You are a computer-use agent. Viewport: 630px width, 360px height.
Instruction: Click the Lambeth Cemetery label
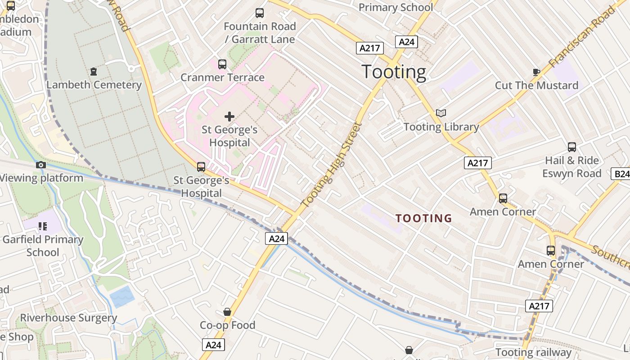point(94,85)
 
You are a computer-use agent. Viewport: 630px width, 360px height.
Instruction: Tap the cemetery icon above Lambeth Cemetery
point(94,71)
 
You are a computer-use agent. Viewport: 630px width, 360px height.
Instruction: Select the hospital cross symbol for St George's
point(229,117)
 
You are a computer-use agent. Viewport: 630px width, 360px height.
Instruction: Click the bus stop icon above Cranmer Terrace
point(222,64)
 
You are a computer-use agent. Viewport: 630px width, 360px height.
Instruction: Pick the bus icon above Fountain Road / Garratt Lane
point(260,13)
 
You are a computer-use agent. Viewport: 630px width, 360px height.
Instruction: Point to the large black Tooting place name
point(394,72)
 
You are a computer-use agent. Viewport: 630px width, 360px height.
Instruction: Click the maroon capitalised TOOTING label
point(423,219)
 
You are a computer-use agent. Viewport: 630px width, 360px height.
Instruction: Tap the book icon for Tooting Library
point(441,113)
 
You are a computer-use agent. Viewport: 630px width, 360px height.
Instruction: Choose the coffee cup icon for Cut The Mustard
point(536,72)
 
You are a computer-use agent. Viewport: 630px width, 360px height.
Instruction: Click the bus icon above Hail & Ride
point(572,147)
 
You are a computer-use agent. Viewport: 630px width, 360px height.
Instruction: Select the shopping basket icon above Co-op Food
point(227,312)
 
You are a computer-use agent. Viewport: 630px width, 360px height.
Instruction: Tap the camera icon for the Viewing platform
point(41,165)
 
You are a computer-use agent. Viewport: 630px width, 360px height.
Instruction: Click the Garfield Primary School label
point(43,246)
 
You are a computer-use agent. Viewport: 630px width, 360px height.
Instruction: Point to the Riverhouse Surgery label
point(68,318)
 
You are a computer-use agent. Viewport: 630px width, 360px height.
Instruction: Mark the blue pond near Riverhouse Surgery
point(121,297)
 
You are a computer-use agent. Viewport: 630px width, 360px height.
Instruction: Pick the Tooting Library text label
point(441,127)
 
